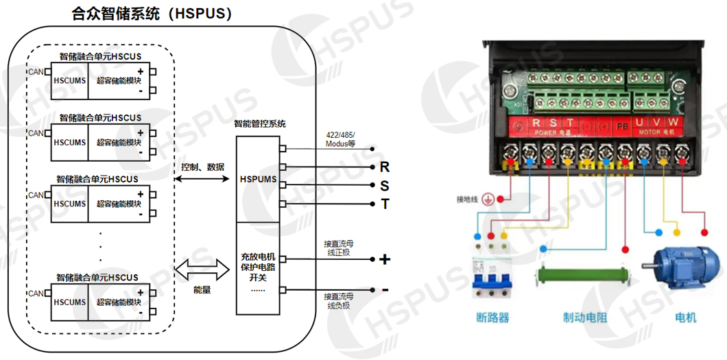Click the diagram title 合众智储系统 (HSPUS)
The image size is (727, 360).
(152, 14)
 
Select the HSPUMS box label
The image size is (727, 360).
(259, 180)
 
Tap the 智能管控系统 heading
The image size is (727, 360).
(260, 124)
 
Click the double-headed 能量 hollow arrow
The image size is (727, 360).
(202, 269)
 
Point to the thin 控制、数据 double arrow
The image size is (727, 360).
(202, 179)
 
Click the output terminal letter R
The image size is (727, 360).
(384, 167)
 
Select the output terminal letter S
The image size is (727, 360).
(384, 186)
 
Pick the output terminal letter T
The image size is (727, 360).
(384, 204)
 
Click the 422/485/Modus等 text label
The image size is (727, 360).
(341, 140)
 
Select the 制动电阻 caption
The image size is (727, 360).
(585, 318)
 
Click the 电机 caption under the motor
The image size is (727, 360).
(686, 317)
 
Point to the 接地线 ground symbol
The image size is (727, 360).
(487, 200)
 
